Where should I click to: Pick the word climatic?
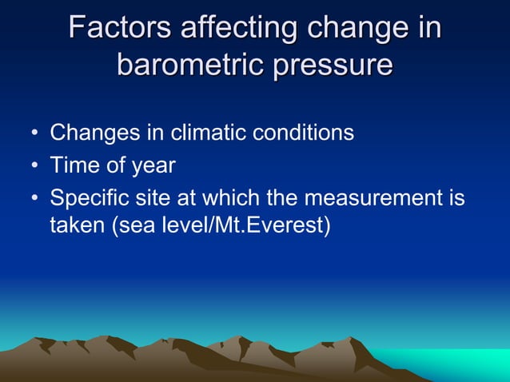tap(197, 132)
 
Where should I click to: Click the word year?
tap(152, 165)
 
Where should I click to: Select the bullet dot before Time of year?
tap(34, 165)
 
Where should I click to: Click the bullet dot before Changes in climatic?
tap(34, 133)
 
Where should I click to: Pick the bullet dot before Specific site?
tap(34, 197)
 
